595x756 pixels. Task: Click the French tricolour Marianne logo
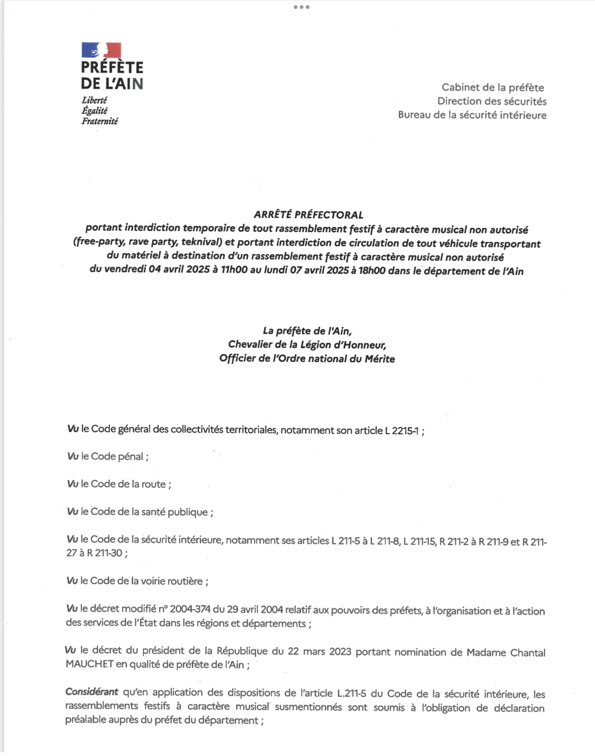[x=101, y=50]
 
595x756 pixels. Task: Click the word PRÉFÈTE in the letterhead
[x=112, y=67]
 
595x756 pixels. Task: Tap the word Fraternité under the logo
[x=100, y=121]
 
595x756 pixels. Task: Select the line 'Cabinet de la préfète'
[x=492, y=87]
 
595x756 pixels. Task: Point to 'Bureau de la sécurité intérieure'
[x=472, y=115]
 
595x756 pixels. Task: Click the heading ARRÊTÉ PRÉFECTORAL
[x=308, y=215]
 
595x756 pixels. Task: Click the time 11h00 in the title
[x=234, y=269]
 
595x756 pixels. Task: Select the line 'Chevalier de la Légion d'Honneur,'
[x=307, y=345]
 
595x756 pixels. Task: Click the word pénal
[x=130, y=456]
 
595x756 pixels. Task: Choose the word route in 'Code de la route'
[x=153, y=484]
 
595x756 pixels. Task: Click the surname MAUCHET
[x=89, y=664]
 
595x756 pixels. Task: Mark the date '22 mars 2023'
[x=319, y=651]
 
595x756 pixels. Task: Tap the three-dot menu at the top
[x=301, y=7]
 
